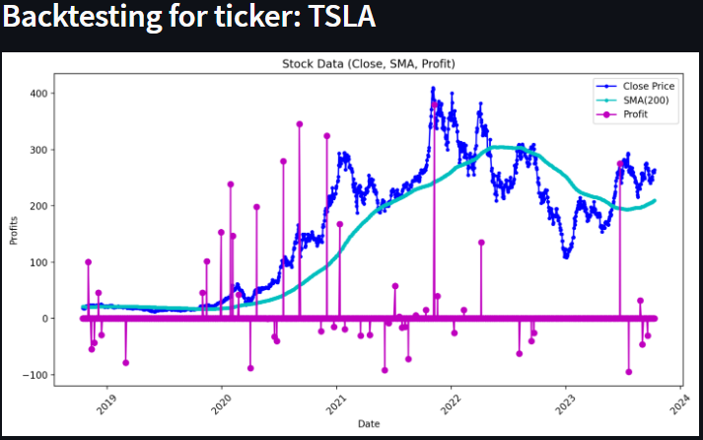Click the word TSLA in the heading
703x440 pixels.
pyautogui.click(x=338, y=19)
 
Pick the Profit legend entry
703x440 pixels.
pyautogui.click(x=635, y=114)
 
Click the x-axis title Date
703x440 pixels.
pyautogui.click(x=368, y=424)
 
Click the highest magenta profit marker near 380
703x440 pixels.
pyautogui.click(x=434, y=105)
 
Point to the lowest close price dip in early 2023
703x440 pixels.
pyautogui.click(x=566, y=256)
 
